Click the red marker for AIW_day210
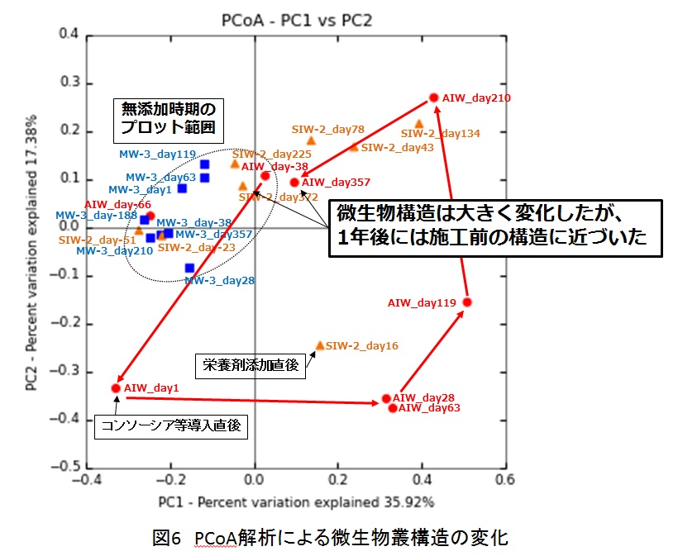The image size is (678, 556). coord(433,97)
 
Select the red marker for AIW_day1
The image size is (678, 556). coord(116,387)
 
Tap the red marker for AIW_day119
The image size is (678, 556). coord(467,302)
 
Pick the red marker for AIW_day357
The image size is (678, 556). coord(294,183)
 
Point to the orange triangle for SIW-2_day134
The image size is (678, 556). coord(419,124)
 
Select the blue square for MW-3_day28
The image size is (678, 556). coord(190,268)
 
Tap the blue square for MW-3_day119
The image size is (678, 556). coord(204,164)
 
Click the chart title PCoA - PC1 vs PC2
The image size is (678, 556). coord(297,20)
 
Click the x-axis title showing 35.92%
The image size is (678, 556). coord(297,501)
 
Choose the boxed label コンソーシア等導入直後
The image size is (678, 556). coord(173,425)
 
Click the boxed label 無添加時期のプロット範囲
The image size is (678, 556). coord(168,117)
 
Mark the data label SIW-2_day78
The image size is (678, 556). coord(327,130)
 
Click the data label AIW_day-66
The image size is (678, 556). coord(117,204)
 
